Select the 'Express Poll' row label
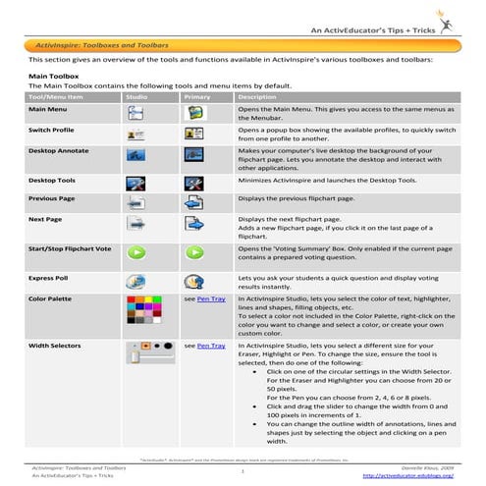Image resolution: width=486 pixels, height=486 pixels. (x=49, y=280)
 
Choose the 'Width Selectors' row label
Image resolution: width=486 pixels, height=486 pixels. (x=55, y=347)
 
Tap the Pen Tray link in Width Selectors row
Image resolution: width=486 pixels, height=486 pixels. (x=210, y=347)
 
